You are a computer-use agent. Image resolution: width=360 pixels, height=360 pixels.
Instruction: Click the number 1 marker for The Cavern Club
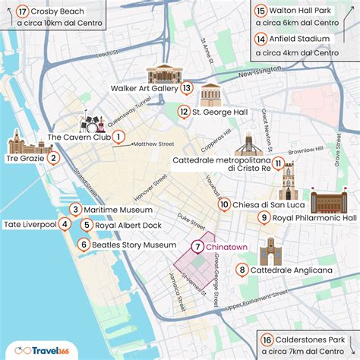click(x=118, y=137)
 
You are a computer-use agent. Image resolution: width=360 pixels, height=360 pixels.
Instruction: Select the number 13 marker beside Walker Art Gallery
click(x=187, y=88)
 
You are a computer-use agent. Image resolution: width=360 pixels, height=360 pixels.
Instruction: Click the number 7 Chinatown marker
click(x=197, y=246)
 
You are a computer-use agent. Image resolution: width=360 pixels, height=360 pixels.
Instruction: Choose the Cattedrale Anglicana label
click(x=291, y=270)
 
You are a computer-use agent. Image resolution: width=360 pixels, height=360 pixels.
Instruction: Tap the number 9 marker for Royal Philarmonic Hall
click(x=264, y=218)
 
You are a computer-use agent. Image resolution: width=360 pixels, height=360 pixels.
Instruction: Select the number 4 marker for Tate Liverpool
click(x=65, y=224)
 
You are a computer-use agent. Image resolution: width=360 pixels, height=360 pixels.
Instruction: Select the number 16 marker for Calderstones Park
click(x=266, y=339)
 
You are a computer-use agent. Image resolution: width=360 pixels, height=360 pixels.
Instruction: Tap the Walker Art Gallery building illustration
click(x=166, y=74)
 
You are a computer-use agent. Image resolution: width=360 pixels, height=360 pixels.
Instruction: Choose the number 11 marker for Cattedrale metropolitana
click(x=279, y=163)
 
